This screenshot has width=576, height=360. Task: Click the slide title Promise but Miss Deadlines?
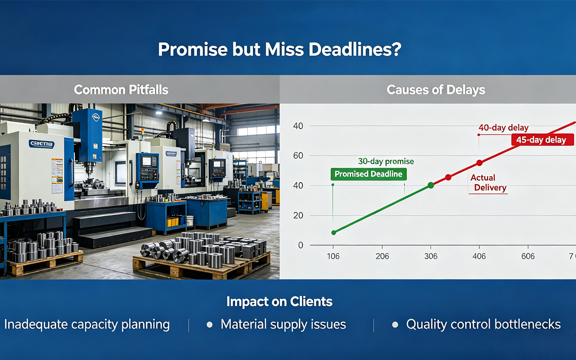pos(280,50)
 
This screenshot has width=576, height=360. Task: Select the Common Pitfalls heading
pos(121,90)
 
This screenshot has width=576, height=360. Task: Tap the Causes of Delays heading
pos(436,90)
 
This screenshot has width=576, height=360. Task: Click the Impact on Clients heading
pos(279,301)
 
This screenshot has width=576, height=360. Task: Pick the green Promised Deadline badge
pos(368,174)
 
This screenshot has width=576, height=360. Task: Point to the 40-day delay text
pos(503,128)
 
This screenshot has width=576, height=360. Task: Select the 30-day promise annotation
pos(386,161)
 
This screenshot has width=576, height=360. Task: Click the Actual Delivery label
pos(488,183)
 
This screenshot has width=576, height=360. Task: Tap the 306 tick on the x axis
pos(431,256)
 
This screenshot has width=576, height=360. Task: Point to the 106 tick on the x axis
pos(333,256)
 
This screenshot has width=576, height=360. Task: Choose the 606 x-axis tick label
pos(528,256)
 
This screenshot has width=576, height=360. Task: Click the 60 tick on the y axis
pos(298,156)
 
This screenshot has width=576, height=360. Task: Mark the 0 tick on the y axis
pos(301,245)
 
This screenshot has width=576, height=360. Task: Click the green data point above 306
pos(431,185)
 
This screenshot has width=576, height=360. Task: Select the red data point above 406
pos(479,163)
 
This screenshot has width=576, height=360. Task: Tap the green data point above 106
pos(334,232)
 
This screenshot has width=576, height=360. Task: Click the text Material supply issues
pos(283,324)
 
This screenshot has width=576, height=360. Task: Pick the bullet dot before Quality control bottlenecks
pos(395,324)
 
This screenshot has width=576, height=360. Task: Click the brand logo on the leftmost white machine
pos(42,144)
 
